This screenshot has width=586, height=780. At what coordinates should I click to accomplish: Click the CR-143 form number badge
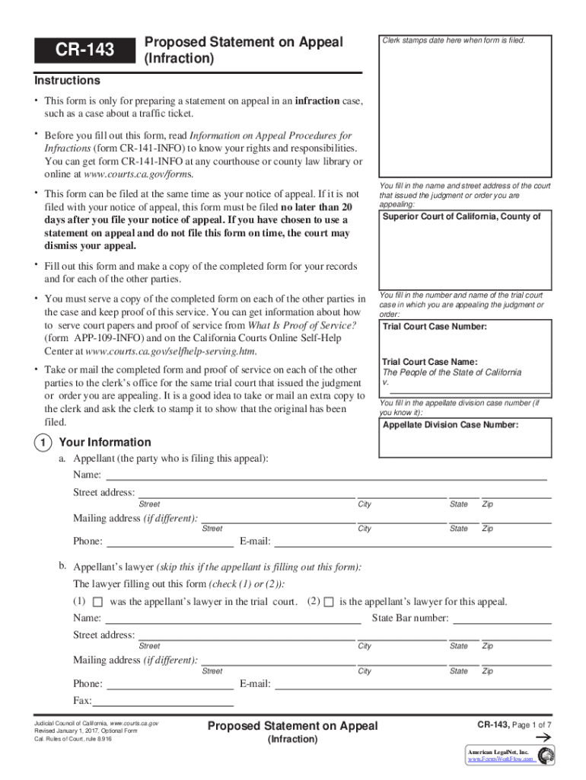click(84, 50)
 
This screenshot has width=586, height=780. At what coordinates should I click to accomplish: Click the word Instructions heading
click(67, 81)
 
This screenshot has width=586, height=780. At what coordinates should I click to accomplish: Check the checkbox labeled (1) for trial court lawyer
click(97, 603)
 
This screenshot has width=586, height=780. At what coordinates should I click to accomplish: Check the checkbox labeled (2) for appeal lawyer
click(328, 603)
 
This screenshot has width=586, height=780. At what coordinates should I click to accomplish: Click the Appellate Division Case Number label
click(450, 425)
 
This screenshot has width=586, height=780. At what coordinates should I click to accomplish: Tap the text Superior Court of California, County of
click(461, 217)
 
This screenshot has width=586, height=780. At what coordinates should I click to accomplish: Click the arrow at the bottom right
click(543, 738)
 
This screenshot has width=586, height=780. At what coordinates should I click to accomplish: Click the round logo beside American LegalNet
click(546, 756)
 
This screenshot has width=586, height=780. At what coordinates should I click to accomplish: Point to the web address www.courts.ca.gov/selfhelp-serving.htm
click(171, 352)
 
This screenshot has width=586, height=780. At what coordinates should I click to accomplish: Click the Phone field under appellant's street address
click(170, 542)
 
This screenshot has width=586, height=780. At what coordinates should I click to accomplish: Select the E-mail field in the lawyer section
click(412, 684)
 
